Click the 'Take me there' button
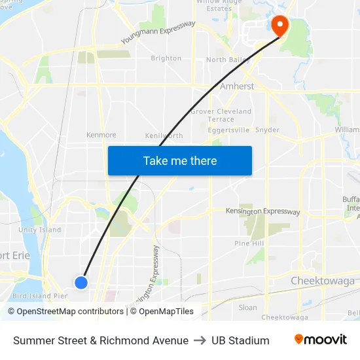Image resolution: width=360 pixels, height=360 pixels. (180, 160)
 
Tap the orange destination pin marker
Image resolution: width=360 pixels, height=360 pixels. (279, 26)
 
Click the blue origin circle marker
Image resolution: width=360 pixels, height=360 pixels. (81, 282)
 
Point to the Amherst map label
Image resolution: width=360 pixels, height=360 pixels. (237, 86)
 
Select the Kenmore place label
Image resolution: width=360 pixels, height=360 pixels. (101, 135)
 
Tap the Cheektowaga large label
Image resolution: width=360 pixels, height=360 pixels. (322, 281)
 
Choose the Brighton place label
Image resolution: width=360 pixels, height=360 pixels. (166, 58)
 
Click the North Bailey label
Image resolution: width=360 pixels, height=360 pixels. (225, 60)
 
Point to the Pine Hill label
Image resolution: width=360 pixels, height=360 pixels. (249, 243)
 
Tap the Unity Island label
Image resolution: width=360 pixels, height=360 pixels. (40, 230)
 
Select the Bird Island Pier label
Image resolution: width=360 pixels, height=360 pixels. (40, 296)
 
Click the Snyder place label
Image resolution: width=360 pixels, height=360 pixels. (268, 130)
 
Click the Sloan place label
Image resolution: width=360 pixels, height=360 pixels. (248, 307)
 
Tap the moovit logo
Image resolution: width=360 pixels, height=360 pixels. (320, 340)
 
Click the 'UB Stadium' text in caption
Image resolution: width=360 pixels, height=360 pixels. (240, 340)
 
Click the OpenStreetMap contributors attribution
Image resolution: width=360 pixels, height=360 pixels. (65, 312)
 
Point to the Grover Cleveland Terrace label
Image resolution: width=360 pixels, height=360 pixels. (221, 115)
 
